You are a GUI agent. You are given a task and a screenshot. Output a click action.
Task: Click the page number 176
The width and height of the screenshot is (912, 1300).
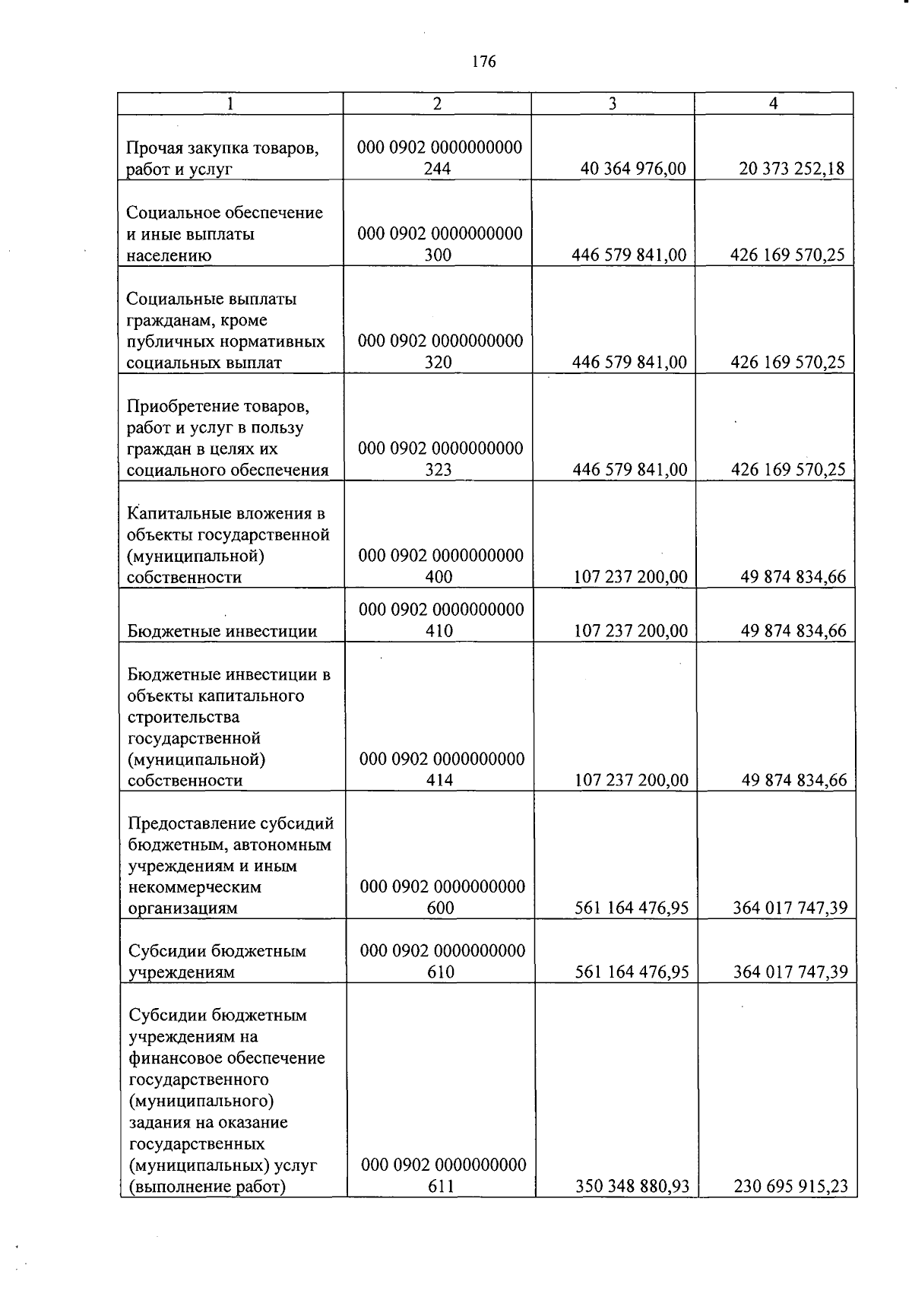pos(483,62)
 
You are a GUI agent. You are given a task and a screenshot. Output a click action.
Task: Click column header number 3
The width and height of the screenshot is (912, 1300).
pos(613,104)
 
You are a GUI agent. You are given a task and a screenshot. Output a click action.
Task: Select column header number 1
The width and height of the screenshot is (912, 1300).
pos(230,104)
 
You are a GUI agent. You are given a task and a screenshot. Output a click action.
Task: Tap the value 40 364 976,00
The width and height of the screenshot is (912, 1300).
pos(633,169)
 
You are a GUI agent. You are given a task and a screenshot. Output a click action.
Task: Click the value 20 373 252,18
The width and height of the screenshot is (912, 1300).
pos(791,169)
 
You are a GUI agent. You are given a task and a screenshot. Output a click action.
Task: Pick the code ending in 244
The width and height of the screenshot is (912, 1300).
pos(439,158)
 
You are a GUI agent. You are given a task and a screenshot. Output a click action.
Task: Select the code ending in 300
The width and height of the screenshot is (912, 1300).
pos(440,244)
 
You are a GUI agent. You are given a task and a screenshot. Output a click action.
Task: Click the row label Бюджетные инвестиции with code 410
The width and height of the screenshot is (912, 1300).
pos(222,631)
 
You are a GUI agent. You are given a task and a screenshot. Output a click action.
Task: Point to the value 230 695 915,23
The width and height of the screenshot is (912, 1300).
pos(790,1187)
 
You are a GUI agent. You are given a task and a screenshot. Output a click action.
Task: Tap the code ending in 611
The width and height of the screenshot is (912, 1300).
pos(443,1175)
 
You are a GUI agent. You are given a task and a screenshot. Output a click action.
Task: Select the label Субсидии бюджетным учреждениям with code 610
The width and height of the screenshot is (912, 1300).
pos(217,961)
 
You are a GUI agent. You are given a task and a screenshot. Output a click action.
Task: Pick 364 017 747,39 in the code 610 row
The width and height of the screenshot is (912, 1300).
pos(790,972)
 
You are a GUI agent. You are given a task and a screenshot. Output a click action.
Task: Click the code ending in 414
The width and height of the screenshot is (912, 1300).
pos(442,769)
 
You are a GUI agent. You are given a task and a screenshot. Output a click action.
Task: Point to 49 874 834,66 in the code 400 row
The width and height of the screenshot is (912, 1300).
pos(793,577)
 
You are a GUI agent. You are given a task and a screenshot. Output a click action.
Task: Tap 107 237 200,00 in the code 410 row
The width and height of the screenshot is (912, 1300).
pos(631,631)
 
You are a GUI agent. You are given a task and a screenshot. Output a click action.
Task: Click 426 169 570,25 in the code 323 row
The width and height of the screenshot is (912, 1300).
pos(787,470)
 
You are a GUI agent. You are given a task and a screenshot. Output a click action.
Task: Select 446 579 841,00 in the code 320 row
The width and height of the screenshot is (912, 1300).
pos(629,363)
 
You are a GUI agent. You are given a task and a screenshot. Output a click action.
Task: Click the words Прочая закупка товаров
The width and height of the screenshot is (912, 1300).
pos(222,147)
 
